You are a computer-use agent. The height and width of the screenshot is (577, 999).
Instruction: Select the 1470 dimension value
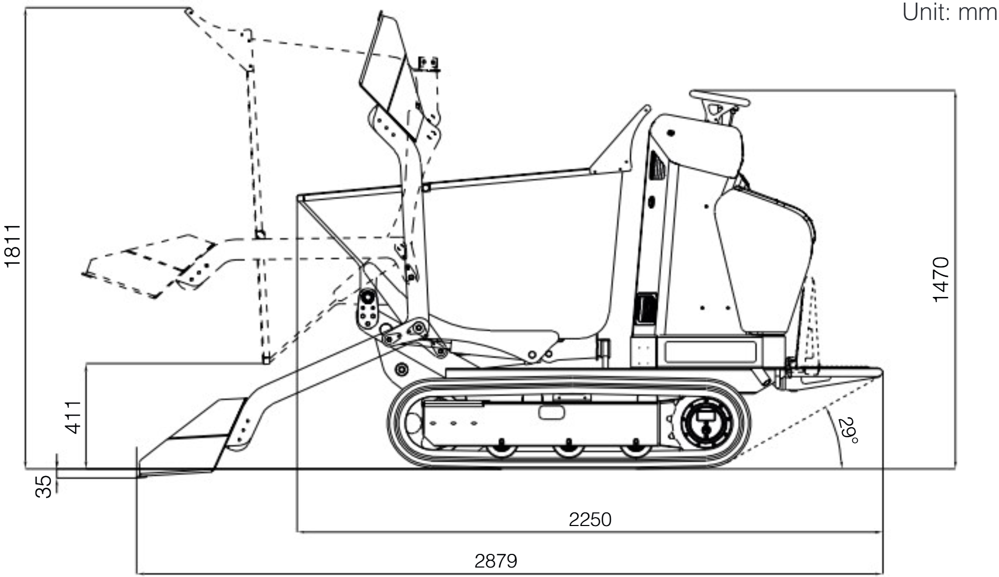point(940,279)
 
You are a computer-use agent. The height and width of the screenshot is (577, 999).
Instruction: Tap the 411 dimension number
point(73,417)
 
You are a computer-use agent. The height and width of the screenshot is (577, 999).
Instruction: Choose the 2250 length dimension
point(590,520)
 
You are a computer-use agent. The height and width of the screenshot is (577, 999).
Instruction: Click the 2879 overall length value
point(496,561)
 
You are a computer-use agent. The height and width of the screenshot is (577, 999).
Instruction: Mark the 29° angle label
point(847,430)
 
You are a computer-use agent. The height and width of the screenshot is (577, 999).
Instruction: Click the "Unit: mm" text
point(949,13)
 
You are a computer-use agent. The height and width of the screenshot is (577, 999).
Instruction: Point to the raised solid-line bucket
point(389,79)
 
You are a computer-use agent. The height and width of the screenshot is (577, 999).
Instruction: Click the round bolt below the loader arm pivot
point(401,369)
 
